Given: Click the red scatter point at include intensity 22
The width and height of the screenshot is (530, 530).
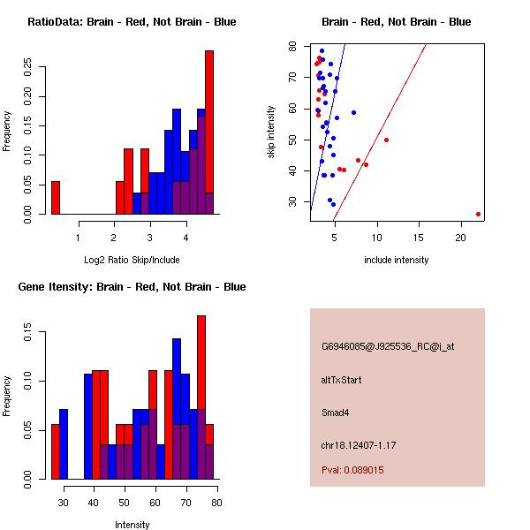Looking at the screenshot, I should pyautogui.click(x=478, y=214).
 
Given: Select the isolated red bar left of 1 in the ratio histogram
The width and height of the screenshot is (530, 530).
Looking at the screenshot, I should pyautogui.click(x=56, y=197).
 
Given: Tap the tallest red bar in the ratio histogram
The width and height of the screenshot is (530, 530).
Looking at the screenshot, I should pyautogui.click(x=209, y=132).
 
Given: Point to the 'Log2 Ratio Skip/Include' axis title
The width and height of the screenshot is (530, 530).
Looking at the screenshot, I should pyautogui.click(x=132, y=260).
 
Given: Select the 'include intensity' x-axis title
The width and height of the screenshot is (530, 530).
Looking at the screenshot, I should pyautogui.click(x=396, y=260).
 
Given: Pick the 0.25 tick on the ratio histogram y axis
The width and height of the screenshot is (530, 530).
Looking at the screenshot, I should pyautogui.click(x=27, y=67).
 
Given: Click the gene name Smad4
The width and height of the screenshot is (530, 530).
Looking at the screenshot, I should pyautogui.click(x=333, y=412).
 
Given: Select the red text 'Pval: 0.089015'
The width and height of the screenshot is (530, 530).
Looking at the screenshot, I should pyautogui.click(x=352, y=471).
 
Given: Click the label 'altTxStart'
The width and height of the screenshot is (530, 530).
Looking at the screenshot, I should pyautogui.click(x=341, y=380).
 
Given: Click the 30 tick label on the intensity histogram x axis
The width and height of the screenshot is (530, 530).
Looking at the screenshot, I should pyautogui.click(x=63, y=503).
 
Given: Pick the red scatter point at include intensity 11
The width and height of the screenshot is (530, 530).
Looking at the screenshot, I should pyautogui.click(x=386, y=140).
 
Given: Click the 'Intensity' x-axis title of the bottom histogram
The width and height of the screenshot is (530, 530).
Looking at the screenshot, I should pyautogui.click(x=132, y=525).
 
